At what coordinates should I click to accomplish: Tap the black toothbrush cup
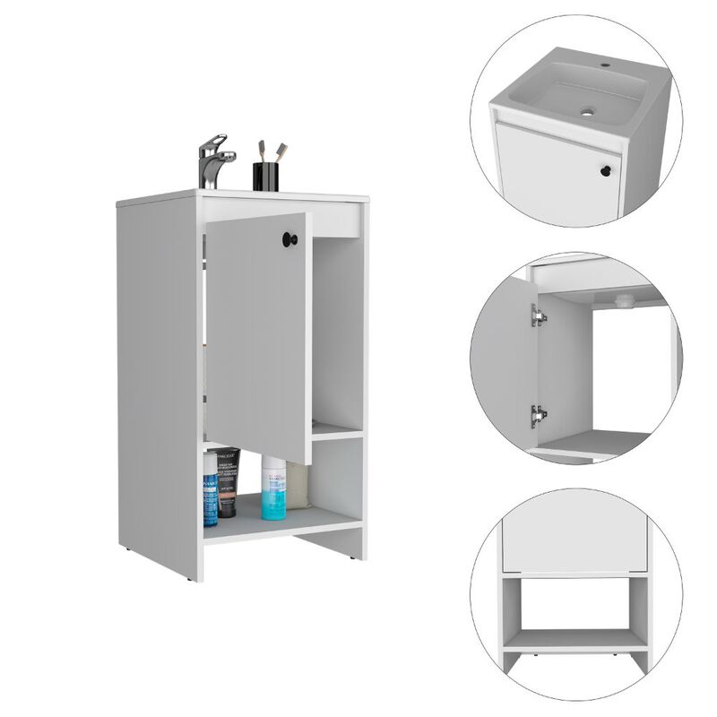[265, 177]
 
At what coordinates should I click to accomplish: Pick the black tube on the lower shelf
[228, 482]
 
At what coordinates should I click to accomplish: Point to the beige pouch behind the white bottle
[297, 488]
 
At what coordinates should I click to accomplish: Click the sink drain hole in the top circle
[587, 113]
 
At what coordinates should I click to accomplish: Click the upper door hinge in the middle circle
[538, 315]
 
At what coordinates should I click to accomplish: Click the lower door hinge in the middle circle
[538, 415]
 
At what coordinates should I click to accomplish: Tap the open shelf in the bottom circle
[575, 639]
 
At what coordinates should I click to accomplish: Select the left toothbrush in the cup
[262, 150]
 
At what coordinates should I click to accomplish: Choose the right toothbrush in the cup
[280, 150]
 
